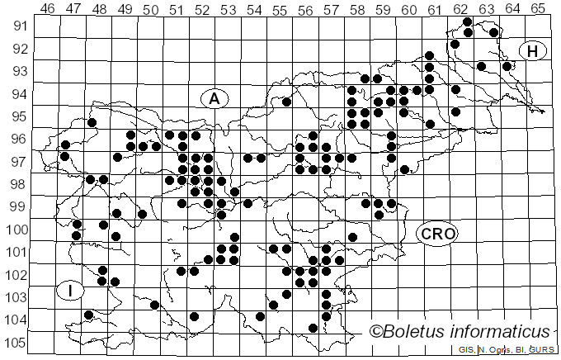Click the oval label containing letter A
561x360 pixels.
[x=214, y=99]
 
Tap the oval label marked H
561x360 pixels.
[x=533, y=51]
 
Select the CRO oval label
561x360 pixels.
[x=436, y=234]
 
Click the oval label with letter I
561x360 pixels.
[x=71, y=291]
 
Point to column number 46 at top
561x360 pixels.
[x=48, y=9]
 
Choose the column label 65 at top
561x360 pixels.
[x=538, y=9]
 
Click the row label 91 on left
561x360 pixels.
[x=17, y=26]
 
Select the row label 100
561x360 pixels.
[x=17, y=230]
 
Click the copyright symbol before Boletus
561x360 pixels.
[x=375, y=332]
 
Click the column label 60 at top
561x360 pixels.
[x=409, y=9]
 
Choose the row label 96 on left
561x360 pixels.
[x=17, y=139]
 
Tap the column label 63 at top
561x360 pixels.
[x=487, y=9]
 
